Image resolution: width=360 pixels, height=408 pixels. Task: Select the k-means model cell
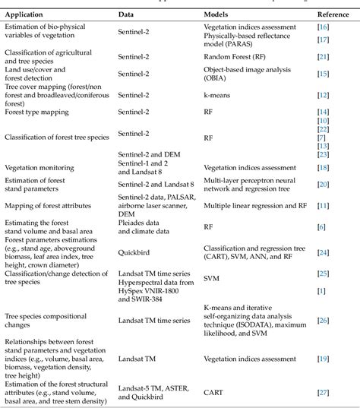pyautogui.click(x=217, y=94)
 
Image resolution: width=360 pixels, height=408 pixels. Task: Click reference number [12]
pyautogui.click(x=322, y=94)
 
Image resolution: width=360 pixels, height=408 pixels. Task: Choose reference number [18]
pyautogui.click(x=322, y=166)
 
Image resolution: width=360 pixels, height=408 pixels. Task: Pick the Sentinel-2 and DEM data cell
pyautogui.click(x=147, y=153)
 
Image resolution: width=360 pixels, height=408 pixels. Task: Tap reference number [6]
pyautogui.click(x=322, y=226)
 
